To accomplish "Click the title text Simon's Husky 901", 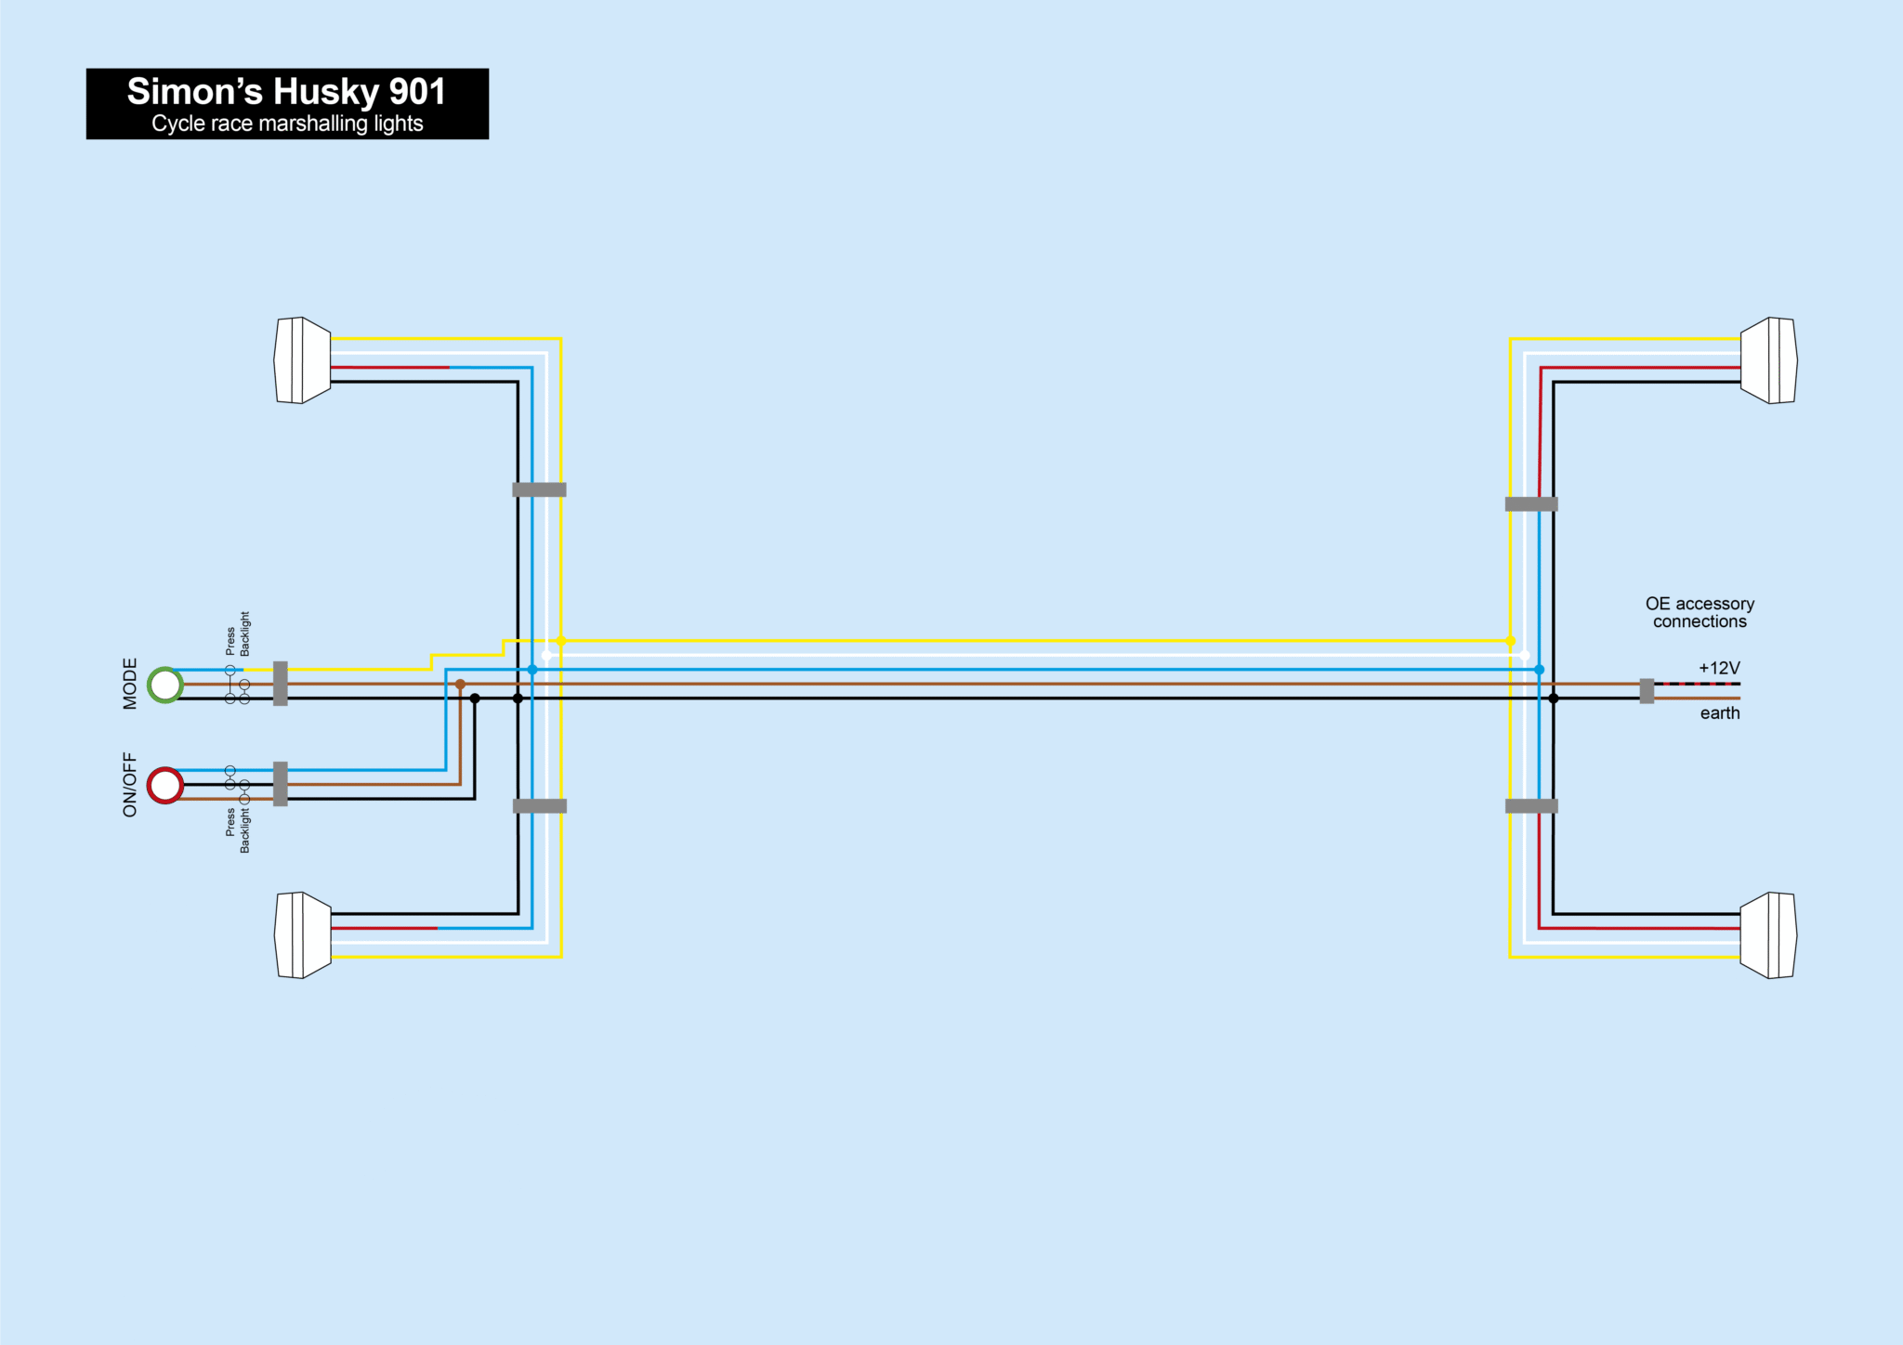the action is [286, 92].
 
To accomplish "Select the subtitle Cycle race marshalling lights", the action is [287, 124].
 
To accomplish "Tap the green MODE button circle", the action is [165, 685].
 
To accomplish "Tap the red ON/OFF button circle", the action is [165, 786].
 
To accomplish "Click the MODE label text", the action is [130, 684].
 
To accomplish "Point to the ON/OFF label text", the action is [130, 785].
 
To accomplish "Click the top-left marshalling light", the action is [303, 360].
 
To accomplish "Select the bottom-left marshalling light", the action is [303, 935].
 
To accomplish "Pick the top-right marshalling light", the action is [1768, 360].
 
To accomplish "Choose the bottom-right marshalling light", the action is [1768, 935].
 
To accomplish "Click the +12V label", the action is [1719, 668].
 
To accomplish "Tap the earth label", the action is [1720, 713].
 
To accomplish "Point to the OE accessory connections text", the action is [1700, 613].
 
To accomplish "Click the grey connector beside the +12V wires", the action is [1647, 691].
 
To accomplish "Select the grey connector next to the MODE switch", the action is [281, 684].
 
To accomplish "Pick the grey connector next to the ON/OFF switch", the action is [281, 784].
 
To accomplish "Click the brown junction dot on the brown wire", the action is [460, 685].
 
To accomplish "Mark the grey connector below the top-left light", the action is [539, 490].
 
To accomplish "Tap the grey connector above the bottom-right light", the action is [1531, 806].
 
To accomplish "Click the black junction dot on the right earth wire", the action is [1553, 699].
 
